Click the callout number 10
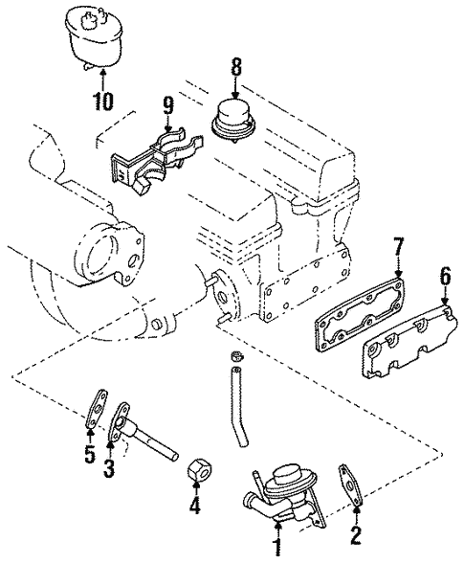(102, 102)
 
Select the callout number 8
(235, 67)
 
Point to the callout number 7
(397, 246)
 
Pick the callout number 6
(444, 278)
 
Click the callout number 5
(90, 454)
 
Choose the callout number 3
(109, 469)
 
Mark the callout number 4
(194, 505)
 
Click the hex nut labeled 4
(200, 469)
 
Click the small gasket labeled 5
(97, 409)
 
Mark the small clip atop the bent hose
(237, 355)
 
